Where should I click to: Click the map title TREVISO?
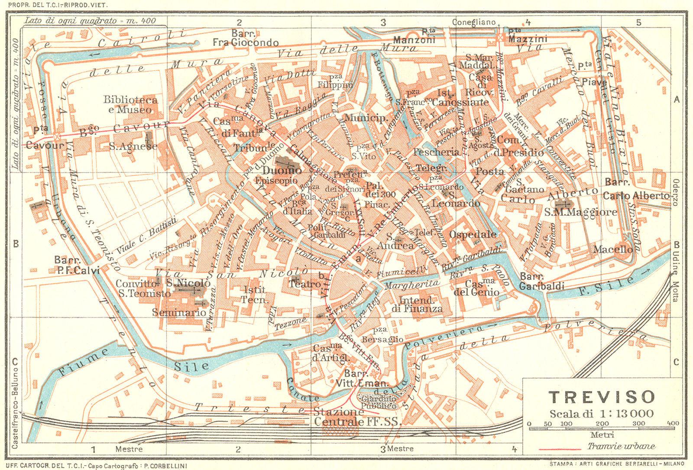602,397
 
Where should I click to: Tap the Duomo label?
281,170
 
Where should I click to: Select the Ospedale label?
473,235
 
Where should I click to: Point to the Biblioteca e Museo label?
130,104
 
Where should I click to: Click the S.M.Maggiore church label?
580,212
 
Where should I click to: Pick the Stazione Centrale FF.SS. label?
357,416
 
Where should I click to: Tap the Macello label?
612,249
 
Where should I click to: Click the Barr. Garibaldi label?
541,282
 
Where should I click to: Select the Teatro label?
305,284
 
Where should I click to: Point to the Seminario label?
179,312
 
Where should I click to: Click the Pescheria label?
436,152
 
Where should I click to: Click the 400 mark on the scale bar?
673,424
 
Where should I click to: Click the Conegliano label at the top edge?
473,22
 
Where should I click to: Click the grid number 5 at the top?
638,22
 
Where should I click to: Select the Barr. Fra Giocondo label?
245,38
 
